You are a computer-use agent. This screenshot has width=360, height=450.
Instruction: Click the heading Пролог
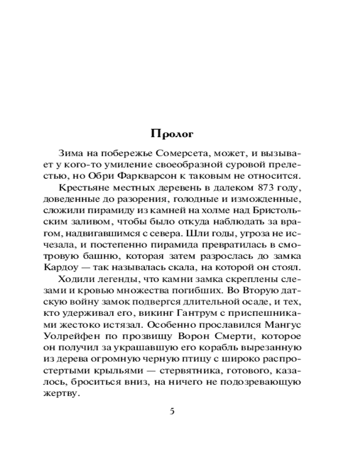point(172,134)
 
